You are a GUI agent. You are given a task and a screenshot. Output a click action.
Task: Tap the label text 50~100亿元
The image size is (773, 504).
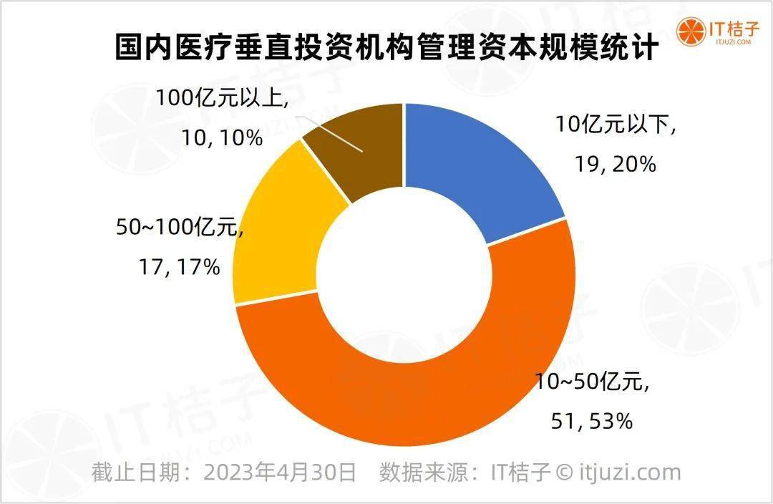pyautogui.click(x=176, y=228)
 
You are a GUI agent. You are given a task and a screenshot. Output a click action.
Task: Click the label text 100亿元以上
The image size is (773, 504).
pyautogui.click(x=223, y=97)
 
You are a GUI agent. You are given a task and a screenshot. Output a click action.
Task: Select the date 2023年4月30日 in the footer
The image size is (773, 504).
pyautogui.click(x=281, y=472)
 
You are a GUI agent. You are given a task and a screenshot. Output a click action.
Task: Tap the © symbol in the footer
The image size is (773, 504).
pyautogui.click(x=564, y=472)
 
